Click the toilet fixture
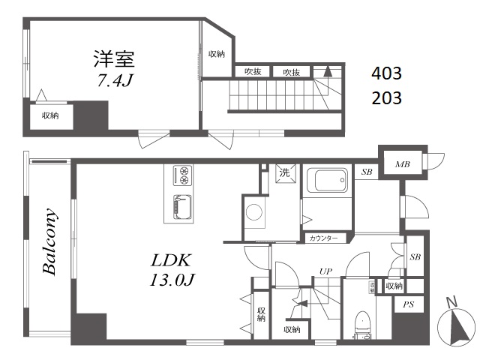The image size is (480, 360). click(362, 325)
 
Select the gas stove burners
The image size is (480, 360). click(183, 175)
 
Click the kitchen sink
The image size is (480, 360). click(183, 207)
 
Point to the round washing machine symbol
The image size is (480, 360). click(254, 211)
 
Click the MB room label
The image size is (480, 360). click(402, 164)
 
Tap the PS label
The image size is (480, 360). click(408, 304)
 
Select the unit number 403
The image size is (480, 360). click(386, 73)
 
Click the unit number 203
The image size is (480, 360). click(386, 98)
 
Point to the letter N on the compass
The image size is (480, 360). click(451, 302)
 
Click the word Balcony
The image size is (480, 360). click(49, 241)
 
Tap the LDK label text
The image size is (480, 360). click(171, 260)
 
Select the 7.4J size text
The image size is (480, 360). click(115, 80)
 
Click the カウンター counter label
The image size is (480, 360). click(323, 238)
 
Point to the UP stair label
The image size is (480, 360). click(325, 271)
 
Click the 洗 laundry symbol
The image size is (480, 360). click(285, 173)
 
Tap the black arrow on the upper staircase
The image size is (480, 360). click(328, 72)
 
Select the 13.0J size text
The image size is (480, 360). click(172, 280)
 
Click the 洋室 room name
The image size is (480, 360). click(114, 58)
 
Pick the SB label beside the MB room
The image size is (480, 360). click(367, 172)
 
